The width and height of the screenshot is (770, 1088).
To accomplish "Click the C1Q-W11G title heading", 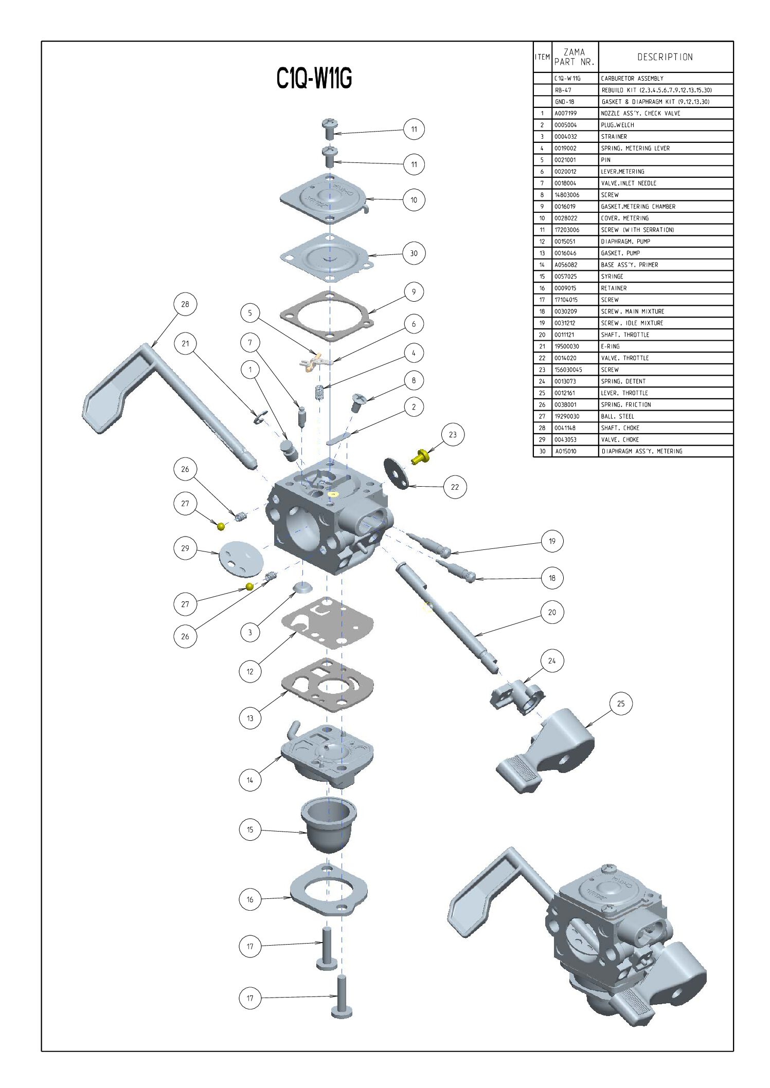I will point(314,79).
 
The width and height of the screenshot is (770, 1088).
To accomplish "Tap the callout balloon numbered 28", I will point(185,304).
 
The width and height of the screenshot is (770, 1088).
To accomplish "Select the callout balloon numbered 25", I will point(621,704).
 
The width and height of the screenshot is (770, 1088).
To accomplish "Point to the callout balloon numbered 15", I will point(250,829).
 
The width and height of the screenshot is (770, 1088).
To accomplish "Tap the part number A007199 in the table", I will point(565,113).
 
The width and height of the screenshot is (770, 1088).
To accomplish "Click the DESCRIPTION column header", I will point(665,57).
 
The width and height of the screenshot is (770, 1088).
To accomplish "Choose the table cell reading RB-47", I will point(563,90).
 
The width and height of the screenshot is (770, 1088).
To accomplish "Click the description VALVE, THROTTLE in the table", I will point(625,358).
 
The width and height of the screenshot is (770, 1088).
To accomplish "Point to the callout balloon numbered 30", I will point(414,253).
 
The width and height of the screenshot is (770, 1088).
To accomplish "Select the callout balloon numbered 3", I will point(250,632).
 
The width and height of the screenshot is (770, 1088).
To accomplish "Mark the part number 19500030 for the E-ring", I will point(566,346).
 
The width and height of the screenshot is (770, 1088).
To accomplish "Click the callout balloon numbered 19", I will point(552,541).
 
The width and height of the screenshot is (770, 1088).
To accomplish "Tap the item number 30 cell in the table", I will point(542,451).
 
